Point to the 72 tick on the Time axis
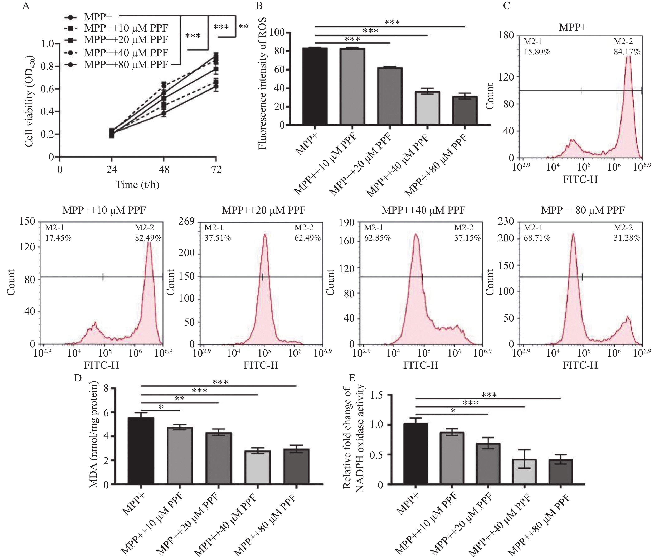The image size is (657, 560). point(216,170)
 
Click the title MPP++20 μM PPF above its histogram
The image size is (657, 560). point(263,210)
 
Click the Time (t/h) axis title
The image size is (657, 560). point(137,184)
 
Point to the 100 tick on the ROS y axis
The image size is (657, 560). point(277,32)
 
